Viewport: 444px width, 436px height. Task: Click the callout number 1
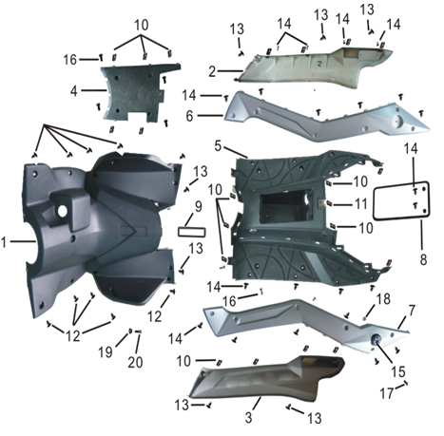click(4, 243)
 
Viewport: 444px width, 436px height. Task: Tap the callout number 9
click(198, 207)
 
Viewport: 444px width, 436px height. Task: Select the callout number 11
click(360, 204)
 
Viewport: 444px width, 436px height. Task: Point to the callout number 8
click(423, 259)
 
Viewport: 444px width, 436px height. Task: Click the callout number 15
click(397, 372)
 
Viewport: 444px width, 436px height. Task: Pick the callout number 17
click(386, 393)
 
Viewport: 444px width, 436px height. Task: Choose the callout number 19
click(106, 351)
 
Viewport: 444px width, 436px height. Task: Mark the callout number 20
click(135, 362)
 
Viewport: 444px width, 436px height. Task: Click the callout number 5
click(218, 146)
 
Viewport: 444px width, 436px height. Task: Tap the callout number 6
click(189, 116)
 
